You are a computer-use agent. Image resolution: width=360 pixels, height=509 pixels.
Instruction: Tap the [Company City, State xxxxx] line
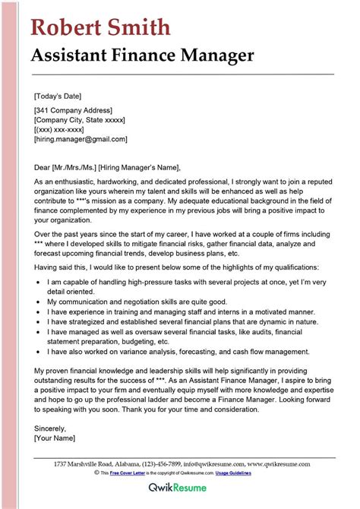pos(80,120)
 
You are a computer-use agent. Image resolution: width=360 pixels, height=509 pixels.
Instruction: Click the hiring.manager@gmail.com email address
pos(81,140)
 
